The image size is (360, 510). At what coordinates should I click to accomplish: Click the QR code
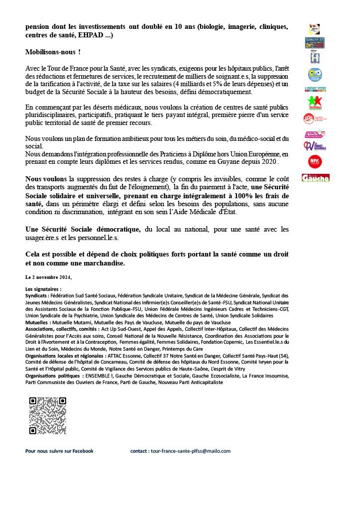[x=47, y=415]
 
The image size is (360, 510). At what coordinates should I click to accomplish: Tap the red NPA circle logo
[x=315, y=161]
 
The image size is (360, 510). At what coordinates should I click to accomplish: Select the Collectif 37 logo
[x=315, y=43]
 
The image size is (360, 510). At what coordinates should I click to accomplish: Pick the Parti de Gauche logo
[x=316, y=178]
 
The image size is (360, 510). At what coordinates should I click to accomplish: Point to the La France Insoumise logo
[x=314, y=146]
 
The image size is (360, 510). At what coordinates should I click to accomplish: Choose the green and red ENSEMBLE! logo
[x=315, y=103]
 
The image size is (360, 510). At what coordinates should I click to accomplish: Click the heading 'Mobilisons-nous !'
[x=53, y=52]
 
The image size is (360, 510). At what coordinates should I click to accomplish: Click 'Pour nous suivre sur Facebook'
[x=59, y=451]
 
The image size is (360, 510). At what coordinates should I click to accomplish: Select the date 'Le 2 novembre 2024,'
[x=49, y=276]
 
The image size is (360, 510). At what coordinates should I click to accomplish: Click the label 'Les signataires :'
[x=43, y=289]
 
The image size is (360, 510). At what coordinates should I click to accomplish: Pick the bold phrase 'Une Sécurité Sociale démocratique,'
[x=83, y=229]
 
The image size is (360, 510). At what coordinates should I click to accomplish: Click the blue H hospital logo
[x=315, y=58]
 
